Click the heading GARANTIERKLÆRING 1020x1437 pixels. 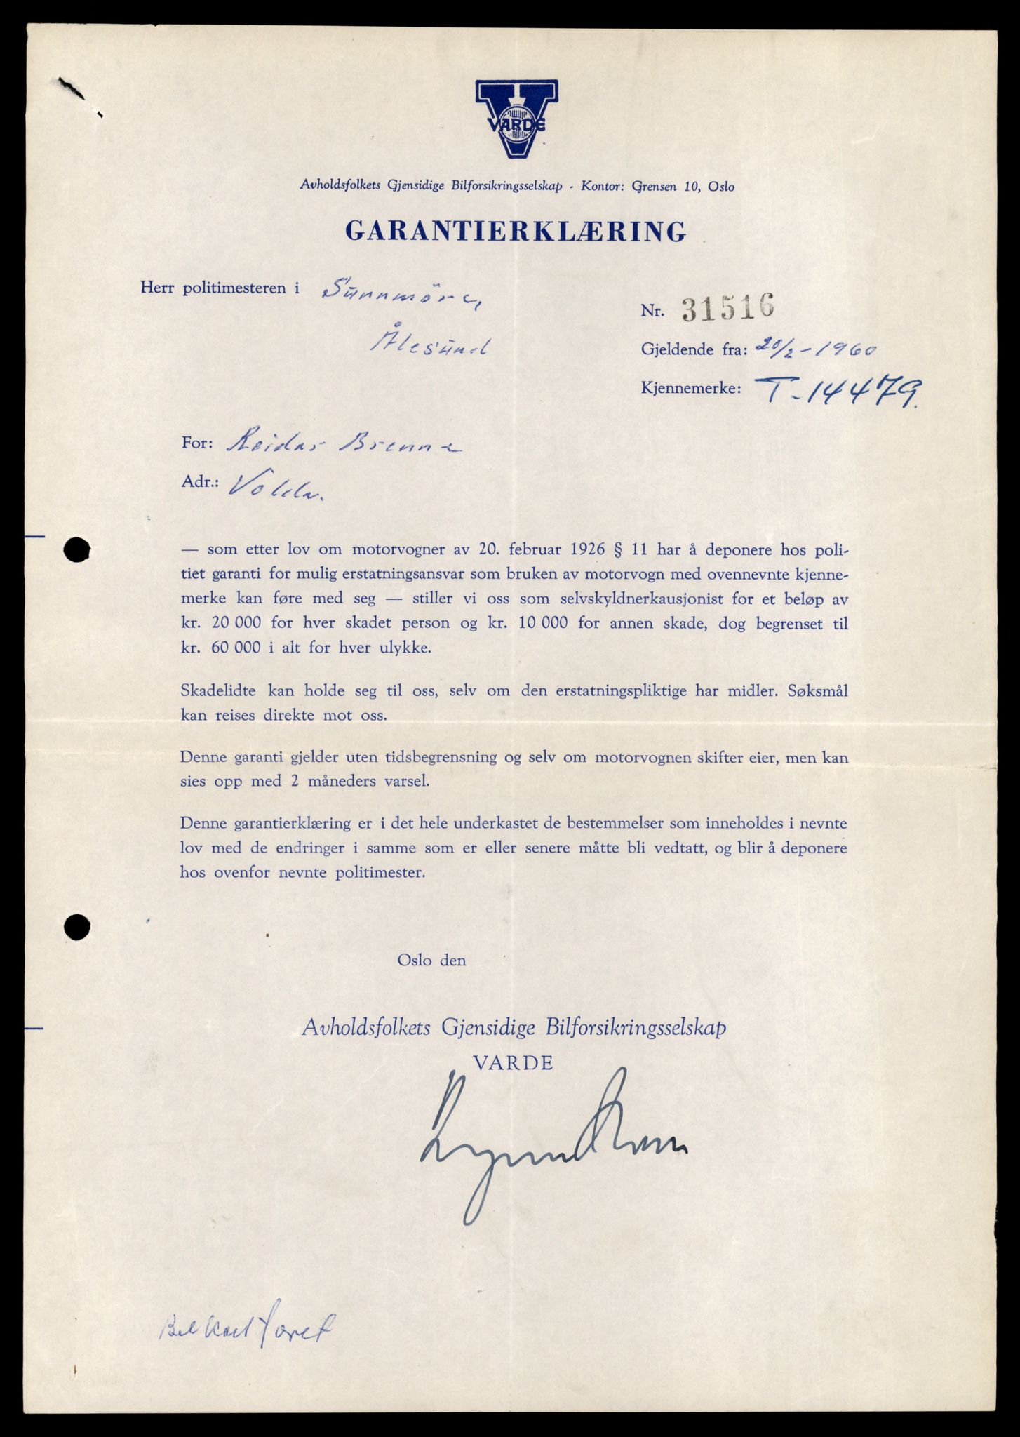[x=516, y=231]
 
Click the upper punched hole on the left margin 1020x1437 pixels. [x=76, y=549]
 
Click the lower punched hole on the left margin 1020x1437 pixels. [x=76, y=927]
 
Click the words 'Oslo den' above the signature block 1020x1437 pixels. [x=431, y=960]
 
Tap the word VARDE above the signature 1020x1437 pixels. [x=514, y=1062]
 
